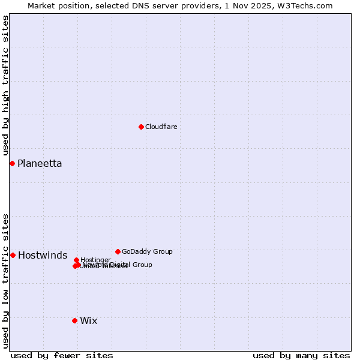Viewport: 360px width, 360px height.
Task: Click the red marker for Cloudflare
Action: pyautogui.click(x=141, y=127)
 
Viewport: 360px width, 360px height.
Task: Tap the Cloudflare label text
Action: pyautogui.click(x=161, y=127)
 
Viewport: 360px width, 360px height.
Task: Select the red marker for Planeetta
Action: pyautogui.click(x=12, y=163)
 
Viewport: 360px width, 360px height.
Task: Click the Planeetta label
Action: pyautogui.click(x=40, y=163)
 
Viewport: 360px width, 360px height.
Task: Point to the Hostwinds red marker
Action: pyautogui.click(x=13, y=255)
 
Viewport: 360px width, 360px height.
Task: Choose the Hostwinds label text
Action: pyautogui.click(x=43, y=256)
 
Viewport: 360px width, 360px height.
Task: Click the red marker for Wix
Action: pyautogui.click(x=74, y=320)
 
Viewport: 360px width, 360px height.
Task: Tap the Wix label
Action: pyautogui.click(x=88, y=320)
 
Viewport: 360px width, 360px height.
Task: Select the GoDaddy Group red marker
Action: pyautogui.click(x=118, y=251)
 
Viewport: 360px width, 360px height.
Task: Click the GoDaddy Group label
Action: pyautogui.click(x=147, y=251)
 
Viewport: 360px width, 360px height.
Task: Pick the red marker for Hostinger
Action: pyautogui.click(x=76, y=260)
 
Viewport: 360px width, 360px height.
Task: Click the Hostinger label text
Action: pyautogui.click(x=95, y=260)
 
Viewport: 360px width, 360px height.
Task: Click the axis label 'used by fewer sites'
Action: pyautogui.click(x=62, y=355)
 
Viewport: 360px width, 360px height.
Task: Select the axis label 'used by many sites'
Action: pyautogui.click(x=301, y=355)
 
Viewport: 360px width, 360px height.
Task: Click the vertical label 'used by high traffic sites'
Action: pyautogui.click(x=5, y=85)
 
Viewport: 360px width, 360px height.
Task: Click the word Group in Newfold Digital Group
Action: pyautogui.click(x=142, y=265)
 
